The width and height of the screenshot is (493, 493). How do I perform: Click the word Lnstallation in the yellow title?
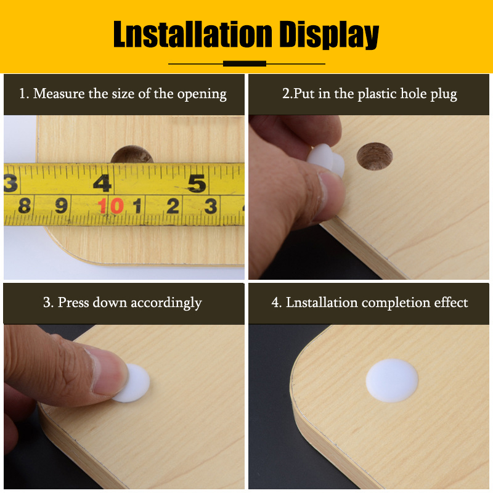192,34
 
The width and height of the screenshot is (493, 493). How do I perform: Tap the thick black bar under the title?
244,63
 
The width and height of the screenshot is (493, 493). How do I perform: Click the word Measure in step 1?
59,94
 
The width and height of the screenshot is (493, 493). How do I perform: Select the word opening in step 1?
202,95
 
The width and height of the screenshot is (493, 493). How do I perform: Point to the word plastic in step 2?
377,94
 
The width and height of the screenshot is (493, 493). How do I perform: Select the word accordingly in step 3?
166,303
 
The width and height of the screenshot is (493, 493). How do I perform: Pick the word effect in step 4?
451,302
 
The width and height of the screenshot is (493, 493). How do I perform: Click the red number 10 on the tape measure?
110,206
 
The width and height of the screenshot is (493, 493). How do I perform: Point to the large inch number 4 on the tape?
102,183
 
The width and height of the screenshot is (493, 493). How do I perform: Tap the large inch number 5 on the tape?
197,183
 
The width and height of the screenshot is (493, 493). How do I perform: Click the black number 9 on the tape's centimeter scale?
61,206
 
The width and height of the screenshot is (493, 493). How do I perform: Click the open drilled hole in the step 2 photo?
375,157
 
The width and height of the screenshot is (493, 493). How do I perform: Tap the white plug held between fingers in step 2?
326,160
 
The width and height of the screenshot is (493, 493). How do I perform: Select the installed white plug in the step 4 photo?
392,380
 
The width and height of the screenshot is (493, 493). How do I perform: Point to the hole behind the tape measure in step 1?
132,154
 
